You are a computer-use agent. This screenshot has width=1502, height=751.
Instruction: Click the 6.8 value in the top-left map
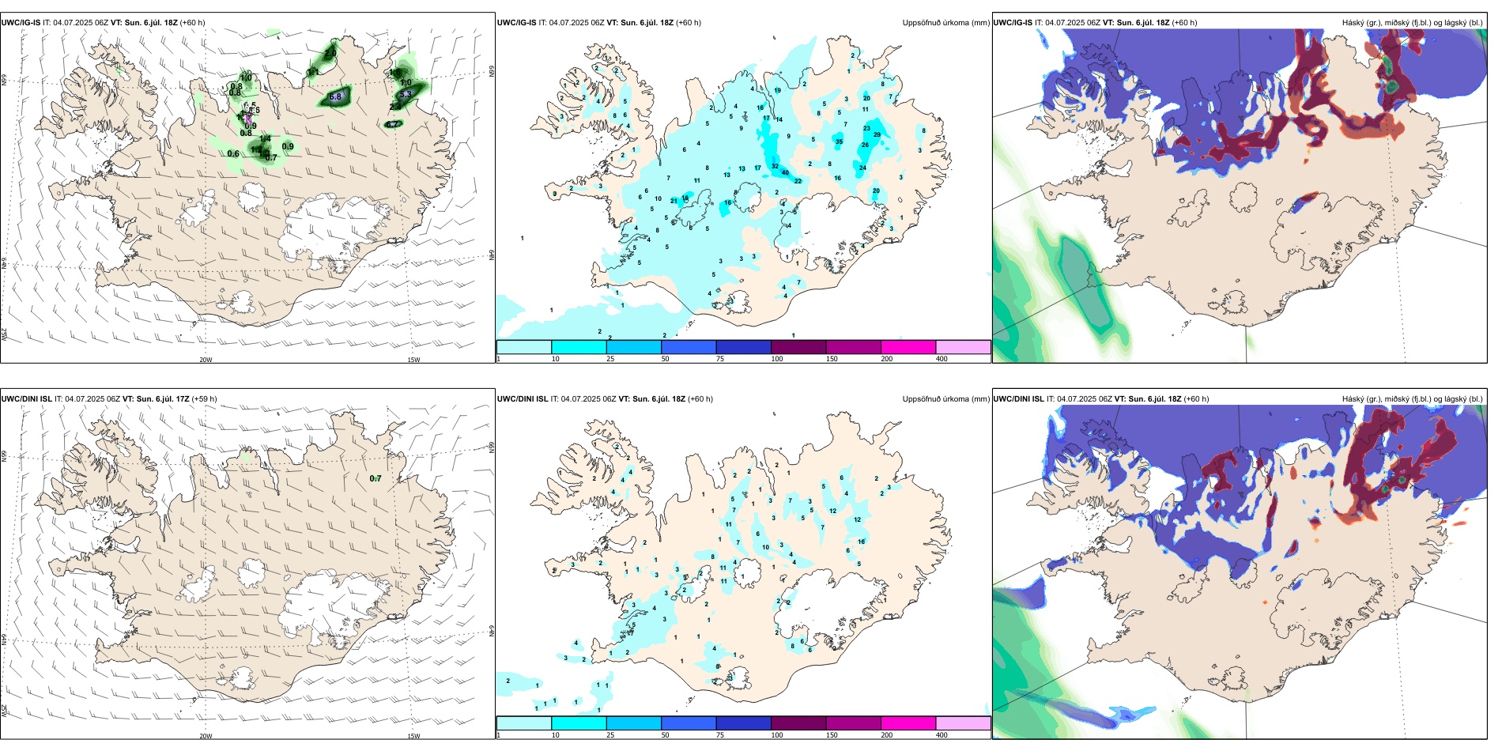[x=335, y=97]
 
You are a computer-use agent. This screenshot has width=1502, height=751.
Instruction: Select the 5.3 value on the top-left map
[x=406, y=94]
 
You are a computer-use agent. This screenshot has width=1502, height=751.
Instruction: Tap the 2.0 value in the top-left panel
[x=330, y=54]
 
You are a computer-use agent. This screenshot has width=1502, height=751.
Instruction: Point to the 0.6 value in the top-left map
[x=233, y=154]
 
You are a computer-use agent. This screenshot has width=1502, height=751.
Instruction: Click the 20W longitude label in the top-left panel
[x=206, y=360]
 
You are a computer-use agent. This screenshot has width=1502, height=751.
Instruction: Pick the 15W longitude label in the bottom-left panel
[x=413, y=736]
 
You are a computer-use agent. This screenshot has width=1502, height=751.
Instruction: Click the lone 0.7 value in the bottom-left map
[x=375, y=478]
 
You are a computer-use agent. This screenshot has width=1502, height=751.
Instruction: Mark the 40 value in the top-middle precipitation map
[x=785, y=172]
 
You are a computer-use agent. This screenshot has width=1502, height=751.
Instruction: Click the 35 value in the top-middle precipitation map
[x=839, y=142]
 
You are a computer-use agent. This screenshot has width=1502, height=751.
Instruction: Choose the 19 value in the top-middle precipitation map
[x=777, y=91]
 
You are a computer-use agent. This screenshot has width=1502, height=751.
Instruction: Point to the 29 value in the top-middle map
[x=877, y=135]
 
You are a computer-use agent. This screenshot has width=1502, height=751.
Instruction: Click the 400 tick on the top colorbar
[x=942, y=359]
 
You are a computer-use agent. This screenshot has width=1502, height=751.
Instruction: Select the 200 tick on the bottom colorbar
[x=887, y=735]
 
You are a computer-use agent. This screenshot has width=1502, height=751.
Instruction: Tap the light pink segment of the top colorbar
[x=963, y=347]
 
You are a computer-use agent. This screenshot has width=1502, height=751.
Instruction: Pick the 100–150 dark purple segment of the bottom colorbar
[x=798, y=723]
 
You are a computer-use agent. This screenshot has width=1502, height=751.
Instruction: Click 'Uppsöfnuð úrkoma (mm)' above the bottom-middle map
[x=945, y=399]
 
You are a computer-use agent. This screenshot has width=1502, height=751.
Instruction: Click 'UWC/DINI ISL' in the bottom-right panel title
[x=1018, y=399]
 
